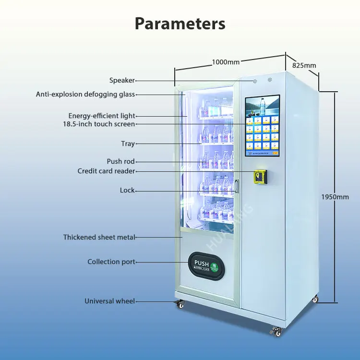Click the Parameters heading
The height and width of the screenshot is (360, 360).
coord(180,23)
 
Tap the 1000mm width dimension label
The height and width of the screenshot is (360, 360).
coord(225,61)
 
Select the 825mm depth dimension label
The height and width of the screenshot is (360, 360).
coord(304,65)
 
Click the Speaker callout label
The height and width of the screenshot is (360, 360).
coord(122,81)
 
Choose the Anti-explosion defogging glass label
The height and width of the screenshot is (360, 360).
coord(85,95)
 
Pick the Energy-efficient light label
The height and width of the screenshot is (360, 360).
coord(102,116)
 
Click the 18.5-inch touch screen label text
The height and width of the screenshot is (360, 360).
coord(99,124)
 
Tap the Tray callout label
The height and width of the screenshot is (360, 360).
coord(128,144)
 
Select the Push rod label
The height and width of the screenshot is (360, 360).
coord(120,161)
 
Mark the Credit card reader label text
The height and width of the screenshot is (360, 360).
coord(106,171)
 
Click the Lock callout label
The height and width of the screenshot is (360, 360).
coord(127,191)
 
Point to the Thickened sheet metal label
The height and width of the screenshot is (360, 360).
coord(99,237)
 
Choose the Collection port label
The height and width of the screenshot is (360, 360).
coord(111,262)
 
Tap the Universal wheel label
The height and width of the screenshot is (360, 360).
coord(109,301)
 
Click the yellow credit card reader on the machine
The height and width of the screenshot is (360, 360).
coord(260,176)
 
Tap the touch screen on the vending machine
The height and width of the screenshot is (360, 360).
coord(263,126)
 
